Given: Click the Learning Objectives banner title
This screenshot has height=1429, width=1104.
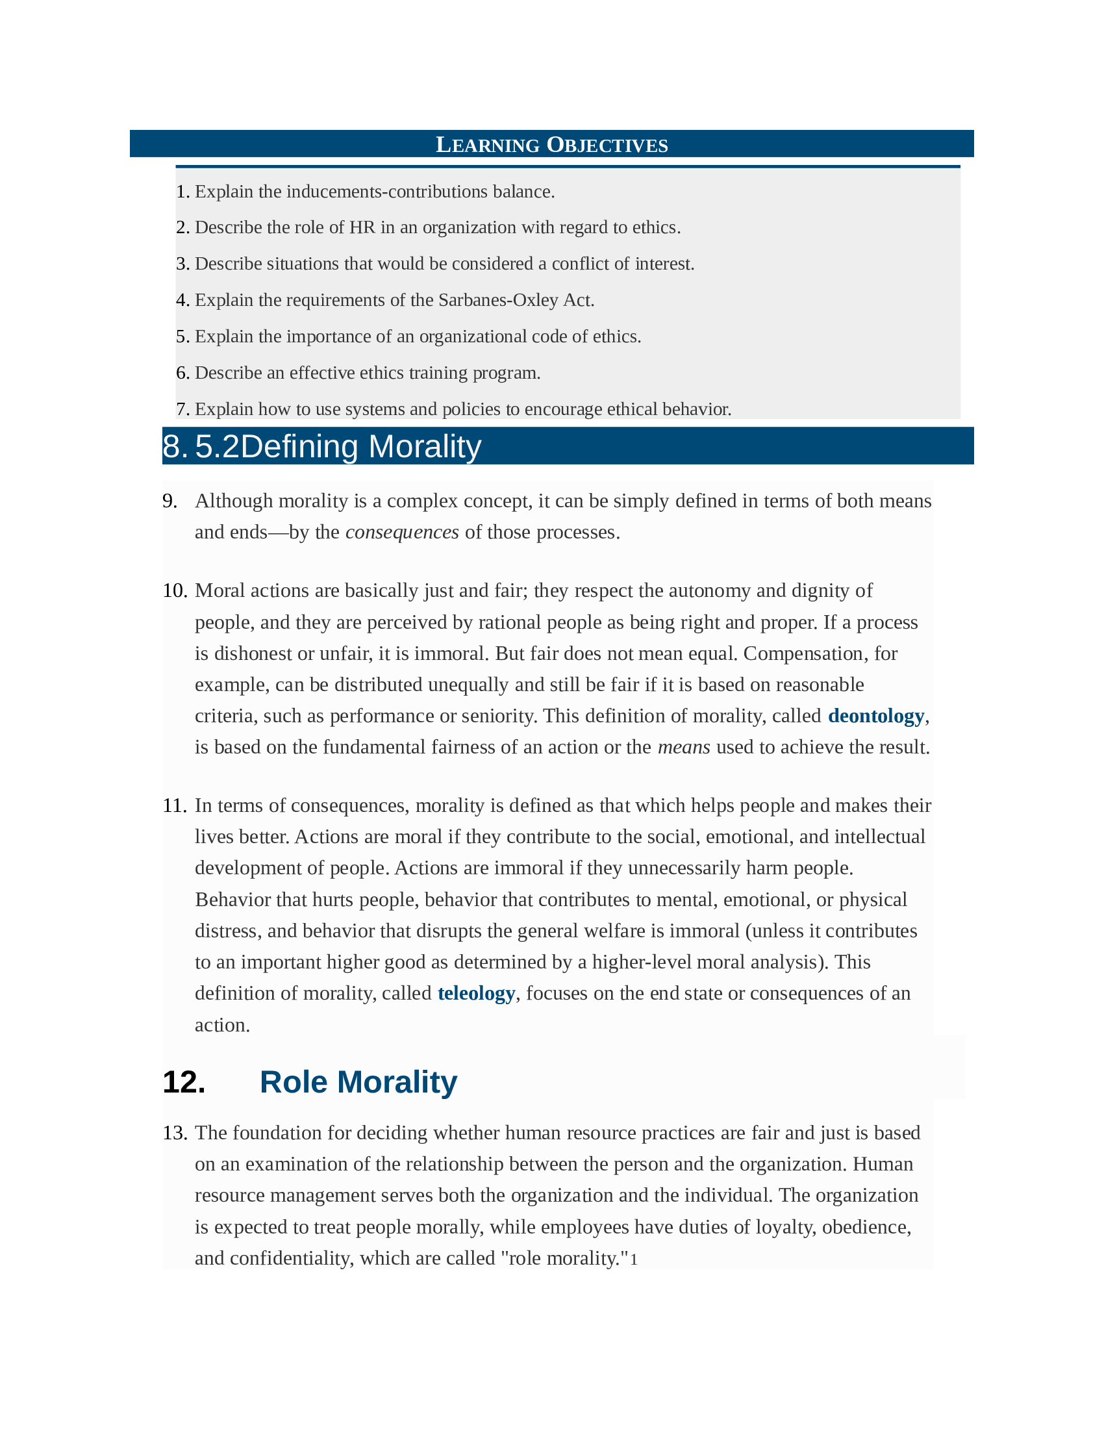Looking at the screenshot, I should (x=551, y=145).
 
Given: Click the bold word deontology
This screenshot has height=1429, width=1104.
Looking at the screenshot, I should (x=875, y=716).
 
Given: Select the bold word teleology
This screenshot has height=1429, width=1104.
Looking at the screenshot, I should (x=476, y=993).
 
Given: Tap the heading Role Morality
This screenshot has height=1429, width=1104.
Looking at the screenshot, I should (x=358, y=1082).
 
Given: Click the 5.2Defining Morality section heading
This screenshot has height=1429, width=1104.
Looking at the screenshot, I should (x=338, y=447).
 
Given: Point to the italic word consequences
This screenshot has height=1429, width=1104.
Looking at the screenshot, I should (x=401, y=532).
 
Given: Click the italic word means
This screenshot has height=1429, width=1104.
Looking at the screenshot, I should (x=683, y=747).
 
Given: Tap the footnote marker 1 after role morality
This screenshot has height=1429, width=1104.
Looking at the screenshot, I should (x=633, y=1259).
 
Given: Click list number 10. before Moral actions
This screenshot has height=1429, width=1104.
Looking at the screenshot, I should (x=175, y=591).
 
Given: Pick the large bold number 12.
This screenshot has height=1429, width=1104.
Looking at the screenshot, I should (x=184, y=1082).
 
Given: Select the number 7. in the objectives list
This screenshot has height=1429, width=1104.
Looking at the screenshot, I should (x=182, y=410).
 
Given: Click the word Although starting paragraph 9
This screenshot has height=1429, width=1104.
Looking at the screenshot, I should (x=234, y=501).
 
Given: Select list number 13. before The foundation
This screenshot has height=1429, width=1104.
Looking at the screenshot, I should (x=175, y=1133).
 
